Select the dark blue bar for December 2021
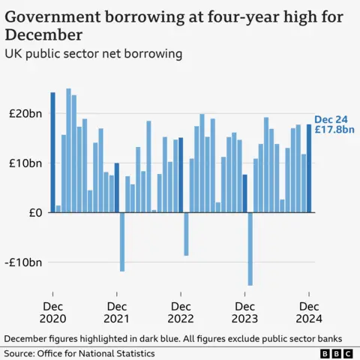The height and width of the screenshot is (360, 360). coord(117,187)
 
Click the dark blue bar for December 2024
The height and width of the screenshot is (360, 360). coord(309,168)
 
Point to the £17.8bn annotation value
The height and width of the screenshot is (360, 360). coord(329,129)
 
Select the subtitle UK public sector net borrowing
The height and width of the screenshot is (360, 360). coord(94,54)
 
